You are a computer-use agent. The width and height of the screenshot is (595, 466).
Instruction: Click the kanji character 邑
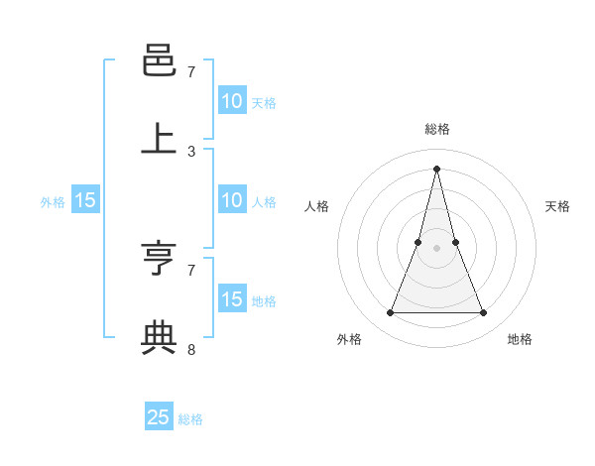pos(159,62)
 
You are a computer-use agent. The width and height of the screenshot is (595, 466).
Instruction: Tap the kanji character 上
pos(159,140)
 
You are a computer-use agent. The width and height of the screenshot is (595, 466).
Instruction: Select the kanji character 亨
pos(159,260)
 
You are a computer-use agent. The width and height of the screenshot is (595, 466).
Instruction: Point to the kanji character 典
pos(159,338)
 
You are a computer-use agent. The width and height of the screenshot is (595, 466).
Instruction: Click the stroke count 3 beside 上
pos(191,152)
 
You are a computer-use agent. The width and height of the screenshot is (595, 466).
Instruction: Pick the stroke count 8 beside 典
pos(191,349)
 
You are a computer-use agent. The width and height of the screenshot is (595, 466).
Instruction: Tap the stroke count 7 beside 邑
pos(191,72)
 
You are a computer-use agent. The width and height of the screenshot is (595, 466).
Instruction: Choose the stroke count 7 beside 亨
pos(191,270)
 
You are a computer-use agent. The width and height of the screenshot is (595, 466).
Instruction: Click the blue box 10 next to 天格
pos(232,101)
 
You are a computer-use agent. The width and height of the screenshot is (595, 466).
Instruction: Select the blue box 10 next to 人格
pos(232,200)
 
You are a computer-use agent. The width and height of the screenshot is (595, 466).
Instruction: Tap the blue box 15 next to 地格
pos(232,299)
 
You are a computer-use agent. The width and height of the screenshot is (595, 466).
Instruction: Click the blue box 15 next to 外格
pos(85,200)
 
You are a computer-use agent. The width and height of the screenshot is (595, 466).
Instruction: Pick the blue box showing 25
pos(159,417)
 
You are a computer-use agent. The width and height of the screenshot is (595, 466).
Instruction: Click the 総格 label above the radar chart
pos(437,129)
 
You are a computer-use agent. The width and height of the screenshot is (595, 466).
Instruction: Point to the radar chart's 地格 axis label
pos(520,339)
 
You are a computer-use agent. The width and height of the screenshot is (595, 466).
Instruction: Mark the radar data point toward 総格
pos(436,168)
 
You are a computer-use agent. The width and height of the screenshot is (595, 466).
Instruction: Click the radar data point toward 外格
pos(390,313)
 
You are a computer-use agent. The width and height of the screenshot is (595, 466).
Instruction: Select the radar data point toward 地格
pos(484,313)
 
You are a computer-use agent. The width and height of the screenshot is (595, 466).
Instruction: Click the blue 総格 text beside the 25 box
pos(190,419)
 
